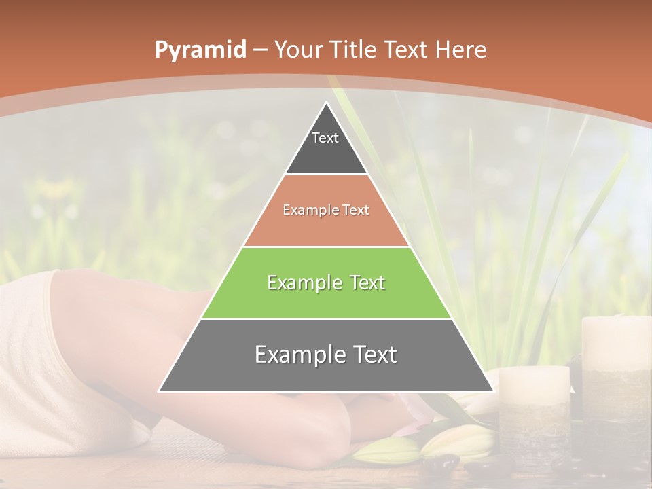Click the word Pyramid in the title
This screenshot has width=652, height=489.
click(x=200, y=50)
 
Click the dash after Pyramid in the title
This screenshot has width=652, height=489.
click(x=259, y=50)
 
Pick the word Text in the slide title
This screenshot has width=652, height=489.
click(x=407, y=50)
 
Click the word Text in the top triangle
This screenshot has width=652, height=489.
click(x=325, y=138)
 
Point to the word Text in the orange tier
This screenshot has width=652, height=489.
click(x=357, y=210)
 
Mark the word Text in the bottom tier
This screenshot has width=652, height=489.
click(x=373, y=355)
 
